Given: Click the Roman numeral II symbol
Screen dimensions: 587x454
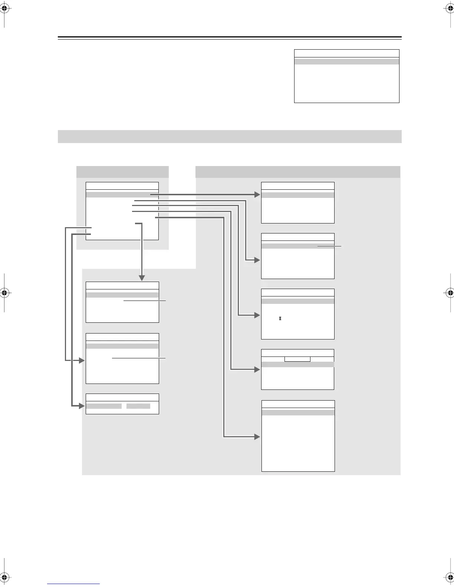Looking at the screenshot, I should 280,318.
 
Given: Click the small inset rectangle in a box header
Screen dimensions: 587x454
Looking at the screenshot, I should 297,359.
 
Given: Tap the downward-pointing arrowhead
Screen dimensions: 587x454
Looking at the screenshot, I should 142,278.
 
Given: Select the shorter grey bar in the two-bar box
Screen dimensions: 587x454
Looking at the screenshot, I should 138,406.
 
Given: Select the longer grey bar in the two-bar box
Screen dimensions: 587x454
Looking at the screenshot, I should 104,406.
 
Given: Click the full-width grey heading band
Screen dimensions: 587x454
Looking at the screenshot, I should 230,136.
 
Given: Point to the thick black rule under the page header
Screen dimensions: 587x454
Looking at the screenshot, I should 230,37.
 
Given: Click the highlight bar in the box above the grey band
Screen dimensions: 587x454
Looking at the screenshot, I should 346,62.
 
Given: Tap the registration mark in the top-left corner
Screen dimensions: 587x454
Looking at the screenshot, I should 4,10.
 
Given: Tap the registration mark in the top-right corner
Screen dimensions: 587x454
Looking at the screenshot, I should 449,10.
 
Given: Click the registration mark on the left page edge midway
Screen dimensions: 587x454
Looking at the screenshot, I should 4,292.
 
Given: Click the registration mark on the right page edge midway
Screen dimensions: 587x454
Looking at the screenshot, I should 449,292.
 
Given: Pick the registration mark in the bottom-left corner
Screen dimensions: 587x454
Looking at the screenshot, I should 4,577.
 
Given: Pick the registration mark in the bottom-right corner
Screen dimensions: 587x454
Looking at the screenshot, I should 449,577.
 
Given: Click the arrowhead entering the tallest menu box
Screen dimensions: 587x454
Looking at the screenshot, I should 257,437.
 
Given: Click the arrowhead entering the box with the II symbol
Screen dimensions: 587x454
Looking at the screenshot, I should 257,315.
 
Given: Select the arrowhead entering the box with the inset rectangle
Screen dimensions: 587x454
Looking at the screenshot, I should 257,369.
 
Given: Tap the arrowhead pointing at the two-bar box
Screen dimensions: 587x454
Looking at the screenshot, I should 82,406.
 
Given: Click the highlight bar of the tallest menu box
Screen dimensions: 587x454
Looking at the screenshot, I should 298,412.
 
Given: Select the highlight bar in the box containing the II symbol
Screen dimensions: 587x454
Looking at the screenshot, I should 298,301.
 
